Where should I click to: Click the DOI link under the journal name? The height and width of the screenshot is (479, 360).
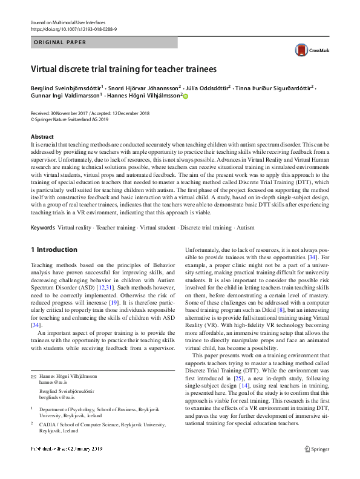coord(73,29)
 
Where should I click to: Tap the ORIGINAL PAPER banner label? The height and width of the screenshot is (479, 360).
coord(61,42)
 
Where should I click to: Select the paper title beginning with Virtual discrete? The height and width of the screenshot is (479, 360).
coord(124,70)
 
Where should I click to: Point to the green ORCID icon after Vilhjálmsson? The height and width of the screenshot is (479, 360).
coord(186,96)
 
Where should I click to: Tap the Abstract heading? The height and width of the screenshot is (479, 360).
coord(42,137)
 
